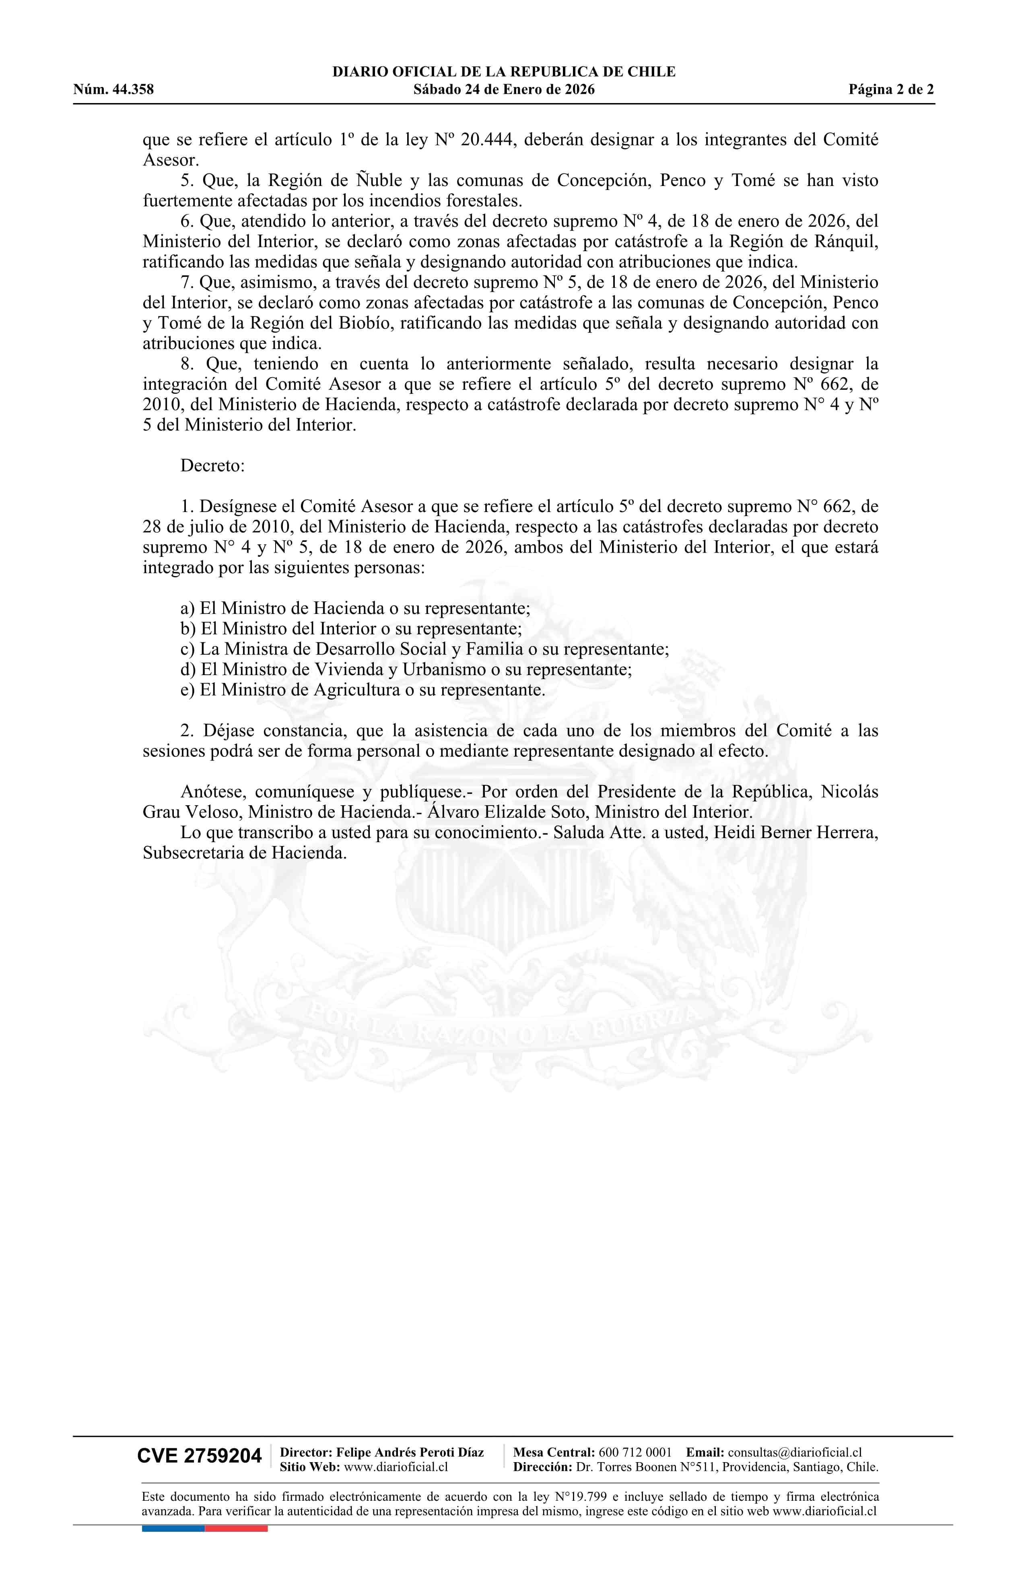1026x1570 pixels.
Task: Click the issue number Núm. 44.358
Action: [113, 90]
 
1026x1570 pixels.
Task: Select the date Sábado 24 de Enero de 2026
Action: [504, 90]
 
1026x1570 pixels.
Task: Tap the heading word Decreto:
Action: [212, 466]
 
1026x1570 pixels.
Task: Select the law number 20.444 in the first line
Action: [486, 140]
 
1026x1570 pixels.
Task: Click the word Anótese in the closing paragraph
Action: [212, 791]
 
